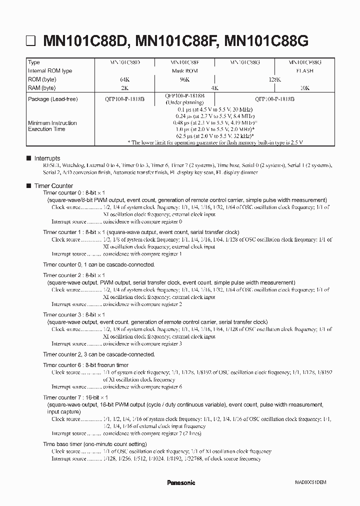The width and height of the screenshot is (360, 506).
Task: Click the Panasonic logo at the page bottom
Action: [x=180, y=482]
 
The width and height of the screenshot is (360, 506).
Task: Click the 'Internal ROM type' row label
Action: [x=50, y=71]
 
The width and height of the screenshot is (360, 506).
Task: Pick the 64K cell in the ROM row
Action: [x=125, y=79]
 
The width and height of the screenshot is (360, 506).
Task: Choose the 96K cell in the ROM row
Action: [x=184, y=79]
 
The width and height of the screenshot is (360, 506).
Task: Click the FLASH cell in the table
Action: [x=304, y=71]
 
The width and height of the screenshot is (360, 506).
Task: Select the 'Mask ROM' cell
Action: [x=184, y=71]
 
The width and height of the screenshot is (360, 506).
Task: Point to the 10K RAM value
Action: [x=304, y=88]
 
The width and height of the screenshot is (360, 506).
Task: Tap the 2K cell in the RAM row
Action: [x=125, y=88]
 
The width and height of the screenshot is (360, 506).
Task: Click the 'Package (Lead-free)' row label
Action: [x=53, y=99]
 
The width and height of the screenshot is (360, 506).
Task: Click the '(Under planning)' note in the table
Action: [x=184, y=102]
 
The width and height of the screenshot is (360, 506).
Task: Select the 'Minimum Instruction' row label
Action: [x=52, y=123]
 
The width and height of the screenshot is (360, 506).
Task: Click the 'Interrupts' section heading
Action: [x=47, y=158]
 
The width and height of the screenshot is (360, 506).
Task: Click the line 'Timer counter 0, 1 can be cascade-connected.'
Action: [x=99, y=264]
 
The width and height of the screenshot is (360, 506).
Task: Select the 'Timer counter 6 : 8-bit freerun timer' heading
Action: [x=93, y=365]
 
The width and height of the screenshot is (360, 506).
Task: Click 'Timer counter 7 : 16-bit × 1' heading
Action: [x=78, y=397]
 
